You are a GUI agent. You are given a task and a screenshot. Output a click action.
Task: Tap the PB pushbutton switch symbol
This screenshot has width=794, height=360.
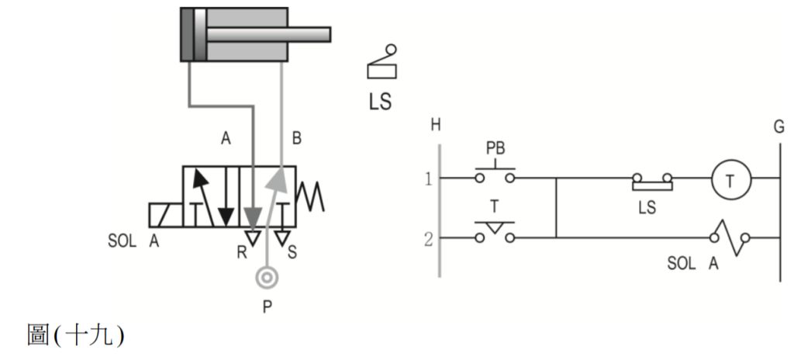[x=494, y=172]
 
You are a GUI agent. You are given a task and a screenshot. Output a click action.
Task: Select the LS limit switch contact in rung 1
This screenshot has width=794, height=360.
[x=652, y=182]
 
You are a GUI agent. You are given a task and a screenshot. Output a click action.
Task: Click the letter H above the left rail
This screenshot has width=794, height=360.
[x=436, y=125]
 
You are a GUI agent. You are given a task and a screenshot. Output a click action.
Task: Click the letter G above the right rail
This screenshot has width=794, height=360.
[x=778, y=125]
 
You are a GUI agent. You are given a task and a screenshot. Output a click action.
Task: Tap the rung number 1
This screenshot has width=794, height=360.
[x=426, y=179]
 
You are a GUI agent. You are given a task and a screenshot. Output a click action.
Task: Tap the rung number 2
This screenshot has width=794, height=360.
[x=426, y=238]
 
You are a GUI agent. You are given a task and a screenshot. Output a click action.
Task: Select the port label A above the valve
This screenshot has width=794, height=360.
[x=226, y=139]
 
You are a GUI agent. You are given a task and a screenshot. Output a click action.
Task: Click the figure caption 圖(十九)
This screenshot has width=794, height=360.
[x=74, y=336]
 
